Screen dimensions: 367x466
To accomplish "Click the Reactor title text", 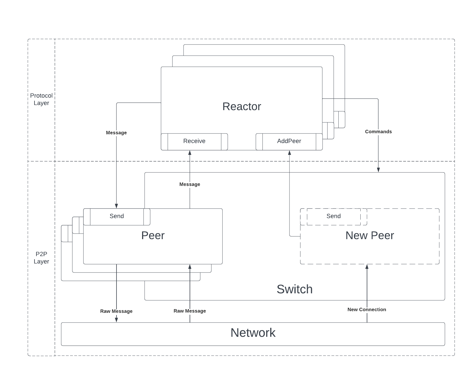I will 242,106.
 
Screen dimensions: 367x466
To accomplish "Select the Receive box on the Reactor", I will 194,141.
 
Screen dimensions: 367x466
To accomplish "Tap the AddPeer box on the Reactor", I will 289,141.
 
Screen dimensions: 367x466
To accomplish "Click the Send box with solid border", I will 116,216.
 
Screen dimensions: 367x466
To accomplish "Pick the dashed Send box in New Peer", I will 333,216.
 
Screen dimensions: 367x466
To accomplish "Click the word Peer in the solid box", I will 153,235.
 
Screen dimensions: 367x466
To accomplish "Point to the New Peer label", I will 370,235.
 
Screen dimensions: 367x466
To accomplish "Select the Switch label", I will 294,289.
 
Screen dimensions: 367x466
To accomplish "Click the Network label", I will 253,333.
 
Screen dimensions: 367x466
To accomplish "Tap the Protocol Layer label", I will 41,99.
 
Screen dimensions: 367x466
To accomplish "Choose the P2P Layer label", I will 41,258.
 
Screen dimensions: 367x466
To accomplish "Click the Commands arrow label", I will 378,132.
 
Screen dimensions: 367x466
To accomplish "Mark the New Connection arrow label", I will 366,309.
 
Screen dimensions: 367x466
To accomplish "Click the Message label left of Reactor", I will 116,133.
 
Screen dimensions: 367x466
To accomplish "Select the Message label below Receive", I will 190,184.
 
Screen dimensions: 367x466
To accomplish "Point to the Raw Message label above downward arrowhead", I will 116,311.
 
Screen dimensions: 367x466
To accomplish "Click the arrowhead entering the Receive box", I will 190,153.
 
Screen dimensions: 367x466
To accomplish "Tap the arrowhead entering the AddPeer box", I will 289,153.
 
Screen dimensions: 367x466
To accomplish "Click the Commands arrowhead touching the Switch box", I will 378,170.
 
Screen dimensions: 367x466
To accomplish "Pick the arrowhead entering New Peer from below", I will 367,267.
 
